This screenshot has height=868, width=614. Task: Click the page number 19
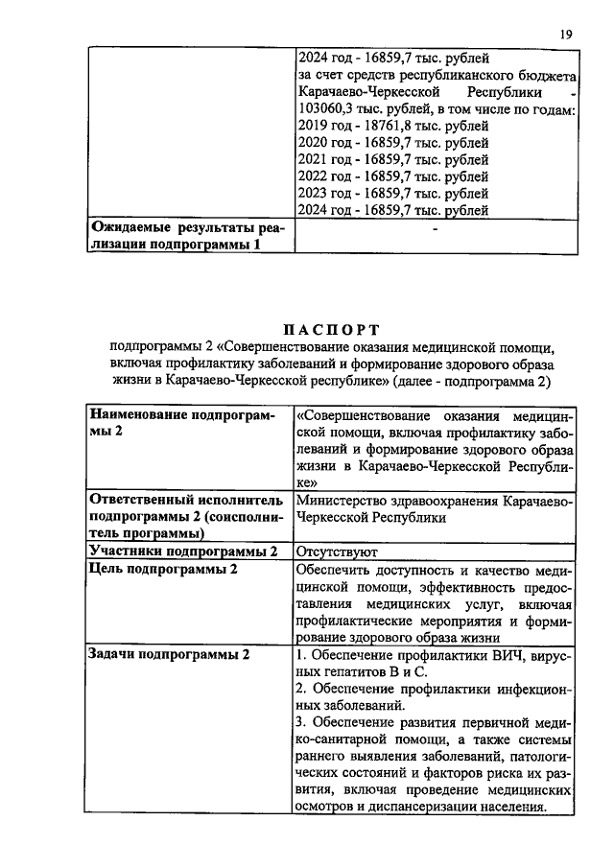tap(566, 35)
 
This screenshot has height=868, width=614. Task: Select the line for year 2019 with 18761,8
tap(393, 126)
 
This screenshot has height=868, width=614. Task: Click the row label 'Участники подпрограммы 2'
tap(182, 551)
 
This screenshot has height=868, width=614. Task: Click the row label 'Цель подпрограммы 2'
tap(162, 569)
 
